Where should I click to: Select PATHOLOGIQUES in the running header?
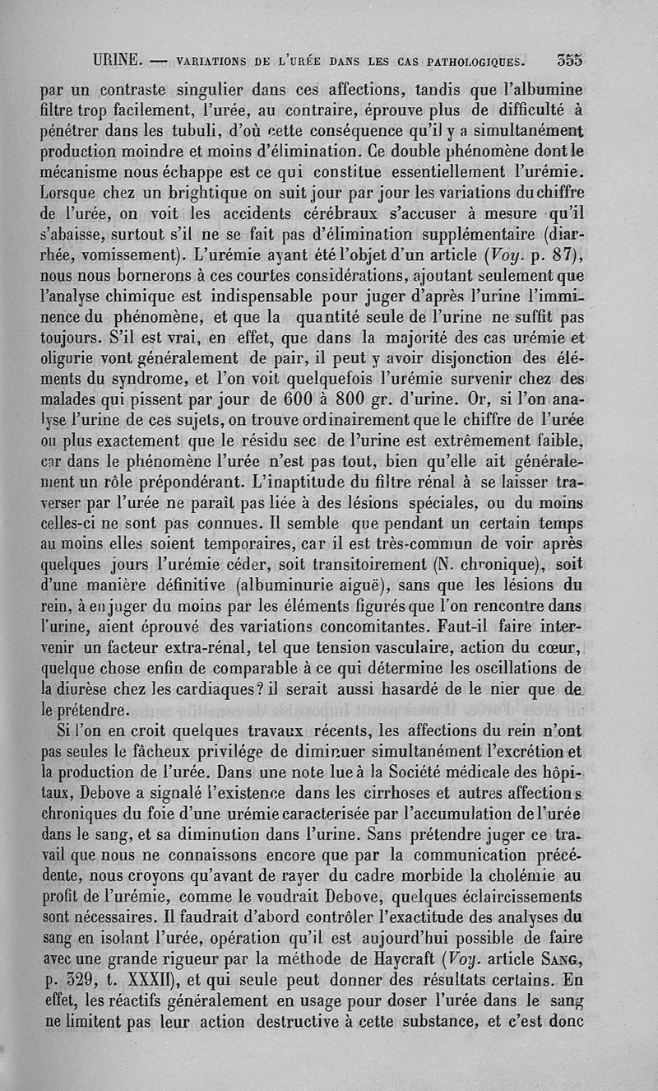pos(484,60)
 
